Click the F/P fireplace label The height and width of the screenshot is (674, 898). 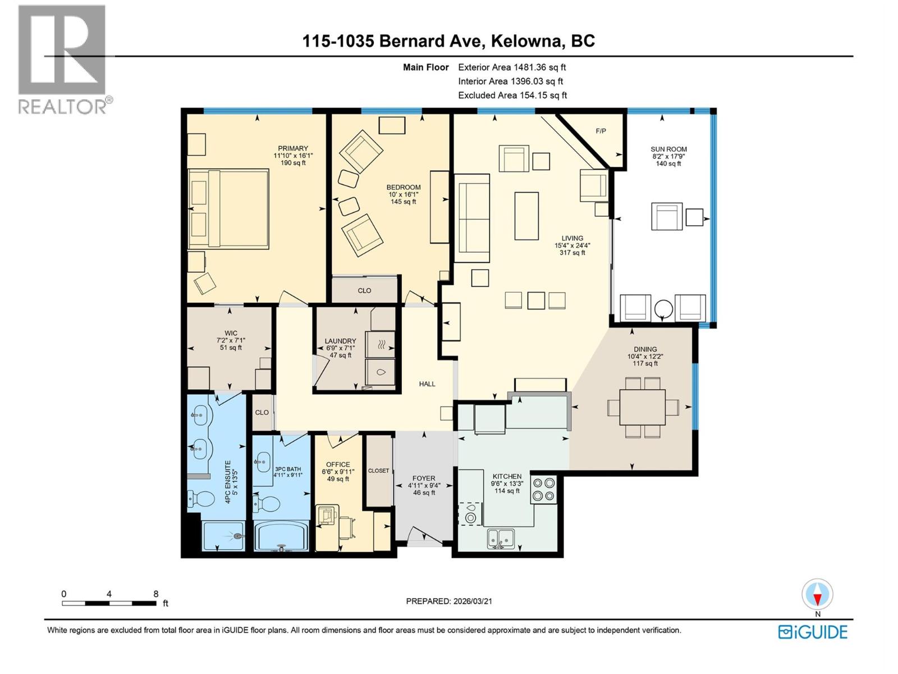point(601,131)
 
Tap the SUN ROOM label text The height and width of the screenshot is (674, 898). point(668,149)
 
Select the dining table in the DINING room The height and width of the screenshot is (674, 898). point(643,408)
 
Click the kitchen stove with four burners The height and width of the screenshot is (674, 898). point(544,489)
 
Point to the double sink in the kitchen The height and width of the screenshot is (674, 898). point(501,538)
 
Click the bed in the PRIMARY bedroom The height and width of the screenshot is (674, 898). point(228,209)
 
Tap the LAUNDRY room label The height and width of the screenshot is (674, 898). point(340,341)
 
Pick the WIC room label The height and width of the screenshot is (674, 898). point(231,333)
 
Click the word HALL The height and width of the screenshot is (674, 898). point(427,384)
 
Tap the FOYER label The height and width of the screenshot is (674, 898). point(424,479)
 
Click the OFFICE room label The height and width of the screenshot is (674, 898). point(338,464)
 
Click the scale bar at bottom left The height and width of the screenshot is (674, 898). point(109,603)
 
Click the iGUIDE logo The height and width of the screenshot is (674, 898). point(813,632)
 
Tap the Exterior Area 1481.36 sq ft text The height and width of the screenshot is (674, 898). point(512,67)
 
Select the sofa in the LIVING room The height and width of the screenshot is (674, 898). point(471,218)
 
